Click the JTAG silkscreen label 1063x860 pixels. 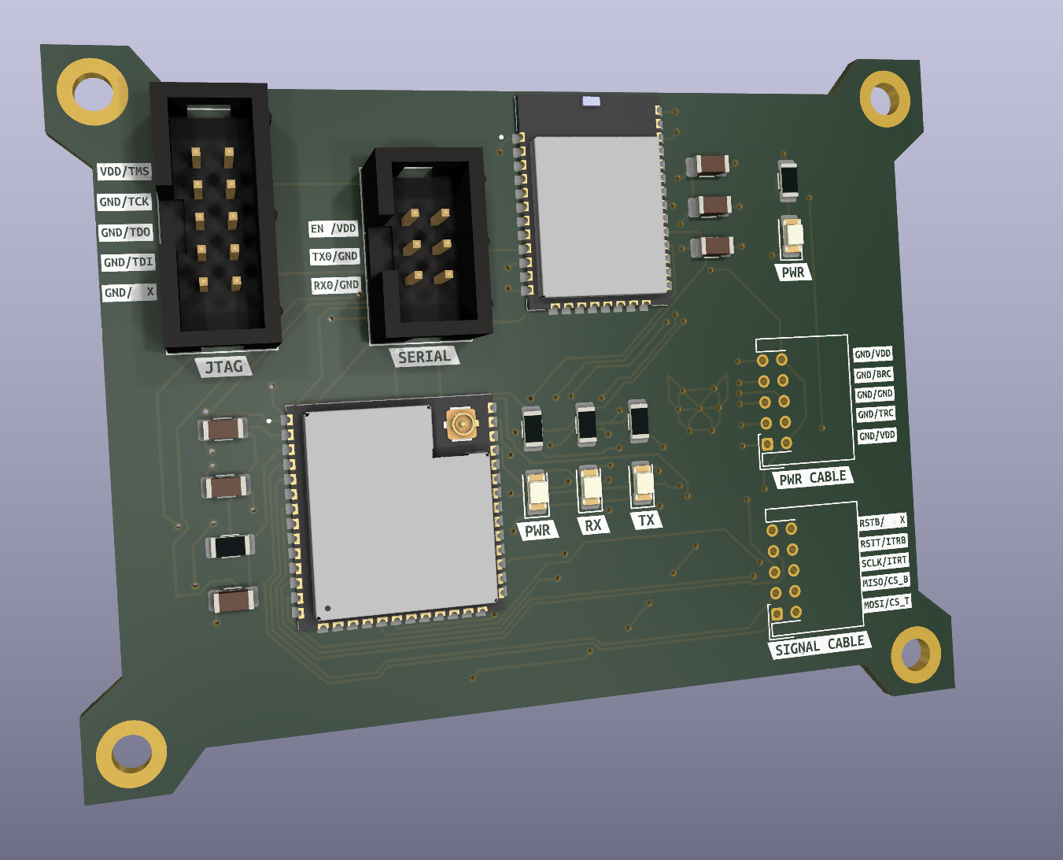224,366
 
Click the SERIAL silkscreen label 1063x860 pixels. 424,357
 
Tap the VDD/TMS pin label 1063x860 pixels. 124,171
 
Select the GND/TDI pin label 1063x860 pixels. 128,262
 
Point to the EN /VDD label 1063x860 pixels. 334,228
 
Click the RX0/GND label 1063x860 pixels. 336,285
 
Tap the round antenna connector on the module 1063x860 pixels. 461,424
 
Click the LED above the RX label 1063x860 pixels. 591,489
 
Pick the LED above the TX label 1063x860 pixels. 643,484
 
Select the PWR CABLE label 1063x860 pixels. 813,478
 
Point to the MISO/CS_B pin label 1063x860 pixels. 885,581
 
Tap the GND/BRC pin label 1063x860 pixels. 873,374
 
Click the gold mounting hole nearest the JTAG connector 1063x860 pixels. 93,92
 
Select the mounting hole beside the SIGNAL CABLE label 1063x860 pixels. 915,654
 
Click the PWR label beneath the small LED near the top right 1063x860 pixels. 792,272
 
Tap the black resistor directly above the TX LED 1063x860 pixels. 638,420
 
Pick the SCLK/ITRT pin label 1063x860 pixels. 884,562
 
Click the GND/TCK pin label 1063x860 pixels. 124,202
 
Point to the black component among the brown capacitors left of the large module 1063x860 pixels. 229,546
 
